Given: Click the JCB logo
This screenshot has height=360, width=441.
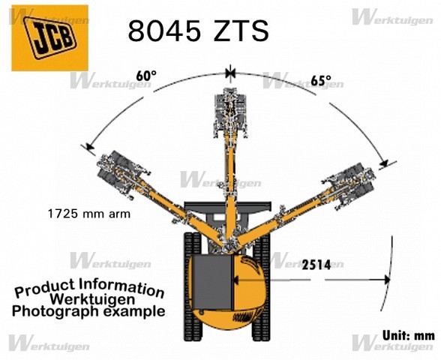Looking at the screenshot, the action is [x=49, y=38].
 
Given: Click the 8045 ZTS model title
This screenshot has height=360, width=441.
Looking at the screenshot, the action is [x=199, y=31].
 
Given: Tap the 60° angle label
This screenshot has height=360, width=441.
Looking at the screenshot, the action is [x=146, y=76].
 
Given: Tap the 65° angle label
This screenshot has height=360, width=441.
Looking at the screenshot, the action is [x=321, y=80].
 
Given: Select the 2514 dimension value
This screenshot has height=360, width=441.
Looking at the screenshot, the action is [x=316, y=265].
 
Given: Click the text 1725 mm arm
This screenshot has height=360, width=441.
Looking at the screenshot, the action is [x=89, y=214].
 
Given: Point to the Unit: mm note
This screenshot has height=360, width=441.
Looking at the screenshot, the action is [x=408, y=335].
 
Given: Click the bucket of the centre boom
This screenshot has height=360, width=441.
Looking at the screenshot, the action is [x=231, y=112].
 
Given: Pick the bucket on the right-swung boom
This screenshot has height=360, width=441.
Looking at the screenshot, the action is [x=352, y=184].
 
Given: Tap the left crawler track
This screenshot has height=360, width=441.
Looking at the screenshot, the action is [x=192, y=286].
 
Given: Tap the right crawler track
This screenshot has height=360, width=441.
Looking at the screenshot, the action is [x=262, y=286].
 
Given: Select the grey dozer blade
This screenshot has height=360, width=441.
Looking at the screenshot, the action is [x=227, y=206].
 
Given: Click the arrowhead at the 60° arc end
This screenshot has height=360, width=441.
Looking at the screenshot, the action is [x=90, y=146].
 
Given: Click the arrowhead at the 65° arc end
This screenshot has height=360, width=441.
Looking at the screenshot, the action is [x=384, y=163].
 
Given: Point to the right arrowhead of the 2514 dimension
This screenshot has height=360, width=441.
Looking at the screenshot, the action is [x=387, y=280].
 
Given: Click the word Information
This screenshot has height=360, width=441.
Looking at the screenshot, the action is [x=121, y=287].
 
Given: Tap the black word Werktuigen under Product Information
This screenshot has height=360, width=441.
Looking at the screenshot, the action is [x=92, y=299].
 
